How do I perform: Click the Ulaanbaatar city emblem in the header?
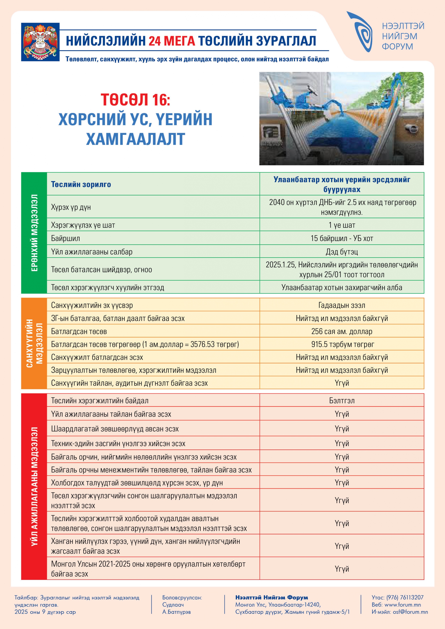point(40,42)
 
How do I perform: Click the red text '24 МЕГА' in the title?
point(172,41)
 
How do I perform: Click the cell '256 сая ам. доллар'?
point(342,331)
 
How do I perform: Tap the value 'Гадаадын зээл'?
point(342,305)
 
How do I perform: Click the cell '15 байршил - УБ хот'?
point(342,238)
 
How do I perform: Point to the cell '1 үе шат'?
point(342,225)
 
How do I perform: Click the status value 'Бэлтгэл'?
point(342,401)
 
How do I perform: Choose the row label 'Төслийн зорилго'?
point(81,184)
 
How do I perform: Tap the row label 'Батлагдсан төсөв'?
point(79,331)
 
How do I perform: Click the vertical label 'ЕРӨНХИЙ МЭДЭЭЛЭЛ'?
point(34,233)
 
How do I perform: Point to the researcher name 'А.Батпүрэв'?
point(176,611)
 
